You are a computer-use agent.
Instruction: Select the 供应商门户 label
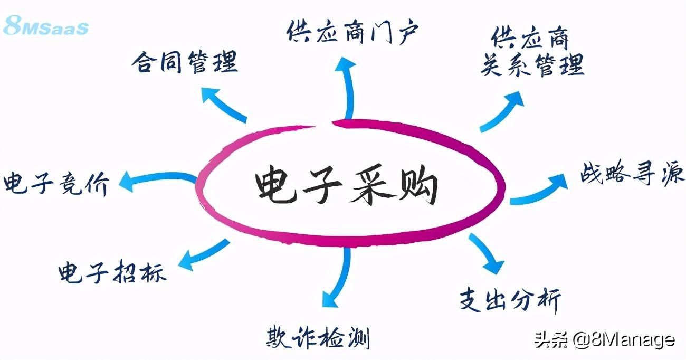click(352, 33)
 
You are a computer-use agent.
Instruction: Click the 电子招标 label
click(112, 272)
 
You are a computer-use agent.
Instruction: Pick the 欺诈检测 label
click(317, 337)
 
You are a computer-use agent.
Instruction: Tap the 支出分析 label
click(509, 299)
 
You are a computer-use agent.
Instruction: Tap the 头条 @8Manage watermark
click(604, 339)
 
